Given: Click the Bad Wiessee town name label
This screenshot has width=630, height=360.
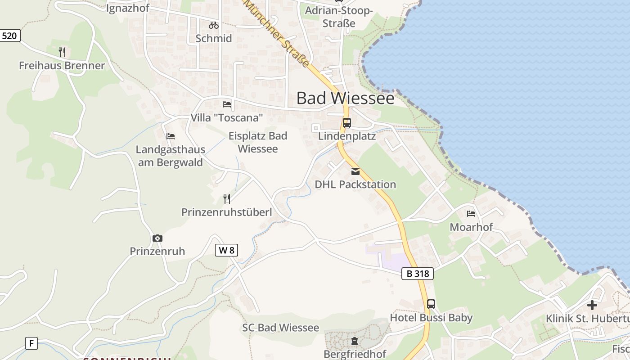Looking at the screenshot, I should coord(345,98).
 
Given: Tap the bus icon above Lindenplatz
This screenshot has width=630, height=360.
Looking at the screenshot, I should coord(346,123).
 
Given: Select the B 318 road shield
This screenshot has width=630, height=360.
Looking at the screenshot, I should coord(418,273).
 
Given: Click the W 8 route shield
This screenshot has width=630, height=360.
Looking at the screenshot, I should coord(226,250).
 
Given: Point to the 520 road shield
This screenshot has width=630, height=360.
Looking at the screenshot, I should coord(9,36).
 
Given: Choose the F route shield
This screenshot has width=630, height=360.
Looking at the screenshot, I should coord(31,343).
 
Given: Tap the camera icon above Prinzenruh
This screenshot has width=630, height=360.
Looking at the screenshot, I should coord(157,238).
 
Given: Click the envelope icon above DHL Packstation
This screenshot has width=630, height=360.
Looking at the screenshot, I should coord(355,171).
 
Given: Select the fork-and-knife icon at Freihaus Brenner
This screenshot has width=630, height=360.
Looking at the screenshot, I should coord(62,52).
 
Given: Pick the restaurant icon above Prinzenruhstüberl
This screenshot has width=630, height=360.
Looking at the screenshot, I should coord(227,198).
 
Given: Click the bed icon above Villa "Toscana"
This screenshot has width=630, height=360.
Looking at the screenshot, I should coord(227,104).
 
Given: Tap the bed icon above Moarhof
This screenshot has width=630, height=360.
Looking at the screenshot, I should coord(471,213).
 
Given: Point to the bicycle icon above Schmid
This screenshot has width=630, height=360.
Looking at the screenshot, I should coord(214,25).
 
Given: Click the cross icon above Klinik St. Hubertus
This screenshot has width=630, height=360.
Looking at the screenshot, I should coord(592,305).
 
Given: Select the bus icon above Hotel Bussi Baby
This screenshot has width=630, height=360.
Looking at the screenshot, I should coord(431,304).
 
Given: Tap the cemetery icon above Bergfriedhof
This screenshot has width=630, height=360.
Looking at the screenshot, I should coord(355,341).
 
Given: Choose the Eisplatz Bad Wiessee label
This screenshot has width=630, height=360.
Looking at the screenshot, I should coord(258,142).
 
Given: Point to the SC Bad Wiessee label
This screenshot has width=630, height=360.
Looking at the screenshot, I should coord(280,328).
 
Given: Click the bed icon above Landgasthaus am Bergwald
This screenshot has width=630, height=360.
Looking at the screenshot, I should coord(171,136).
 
